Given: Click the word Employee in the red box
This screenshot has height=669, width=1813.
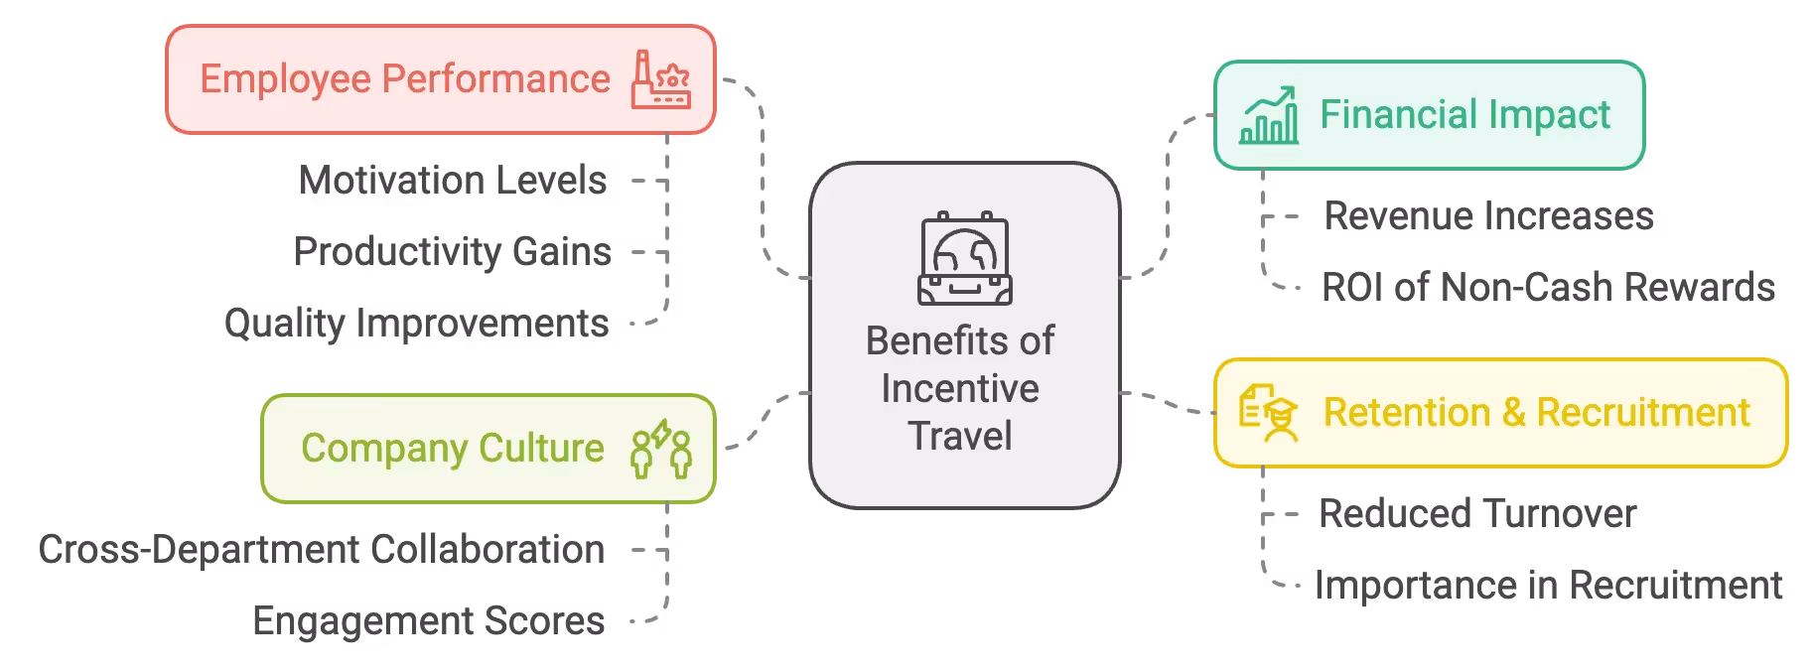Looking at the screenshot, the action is tap(285, 79).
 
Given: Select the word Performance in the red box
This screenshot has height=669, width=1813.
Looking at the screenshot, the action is tap(495, 79).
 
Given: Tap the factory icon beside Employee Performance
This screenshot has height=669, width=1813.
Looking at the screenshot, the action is tap(660, 79).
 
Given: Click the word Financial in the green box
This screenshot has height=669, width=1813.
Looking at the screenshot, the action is tap(1379, 115).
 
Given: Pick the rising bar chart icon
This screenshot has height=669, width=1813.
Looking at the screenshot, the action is tap(1268, 115).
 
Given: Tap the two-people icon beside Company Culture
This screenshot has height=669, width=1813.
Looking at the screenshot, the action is tap(661, 449).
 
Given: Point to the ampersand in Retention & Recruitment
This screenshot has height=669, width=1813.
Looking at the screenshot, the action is tap(1513, 413).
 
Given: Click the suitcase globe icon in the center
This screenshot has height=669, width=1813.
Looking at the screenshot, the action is tap(964, 258).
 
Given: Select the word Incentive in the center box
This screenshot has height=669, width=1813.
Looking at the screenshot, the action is tap(960, 388).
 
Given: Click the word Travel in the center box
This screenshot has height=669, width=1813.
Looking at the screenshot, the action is tap(960, 436).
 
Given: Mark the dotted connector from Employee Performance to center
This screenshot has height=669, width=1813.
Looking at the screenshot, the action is tap(763, 179).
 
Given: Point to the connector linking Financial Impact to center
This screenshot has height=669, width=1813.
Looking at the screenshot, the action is tap(1168, 199).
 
